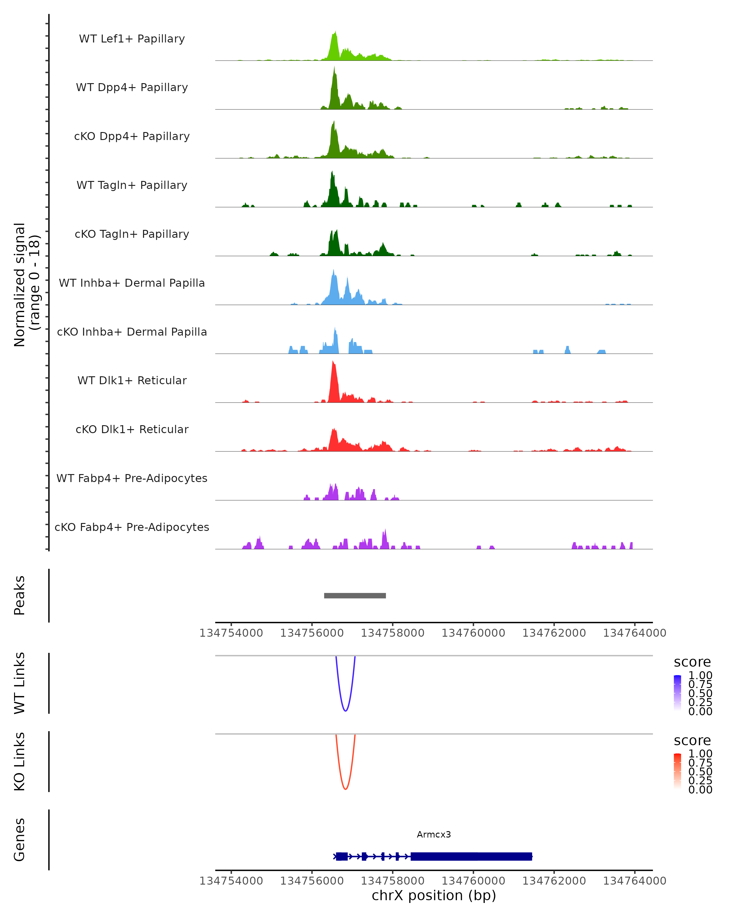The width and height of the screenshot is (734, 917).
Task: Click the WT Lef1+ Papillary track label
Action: click(x=132, y=39)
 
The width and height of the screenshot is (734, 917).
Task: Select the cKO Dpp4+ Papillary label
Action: click(x=132, y=136)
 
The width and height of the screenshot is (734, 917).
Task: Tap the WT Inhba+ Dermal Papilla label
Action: click(x=132, y=283)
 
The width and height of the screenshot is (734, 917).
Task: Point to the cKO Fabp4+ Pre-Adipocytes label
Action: click(x=132, y=527)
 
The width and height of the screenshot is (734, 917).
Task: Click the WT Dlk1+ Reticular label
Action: click(x=132, y=380)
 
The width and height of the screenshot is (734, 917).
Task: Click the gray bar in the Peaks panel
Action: click(x=355, y=595)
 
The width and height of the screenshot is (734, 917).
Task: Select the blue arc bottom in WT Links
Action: click(x=346, y=711)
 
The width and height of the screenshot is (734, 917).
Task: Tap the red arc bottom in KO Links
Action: click(x=346, y=789)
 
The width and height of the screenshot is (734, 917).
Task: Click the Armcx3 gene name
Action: click(x=434, y=834)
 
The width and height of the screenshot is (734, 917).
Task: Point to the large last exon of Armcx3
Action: click(x=471, y=856)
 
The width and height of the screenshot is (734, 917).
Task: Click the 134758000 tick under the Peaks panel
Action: click(x=392, y=633)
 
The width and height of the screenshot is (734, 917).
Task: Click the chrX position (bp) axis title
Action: click(x=434, y=895)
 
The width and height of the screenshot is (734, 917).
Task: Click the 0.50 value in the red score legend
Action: click(x=700, y=772)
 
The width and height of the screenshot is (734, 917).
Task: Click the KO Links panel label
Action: click(x=20, y=761)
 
